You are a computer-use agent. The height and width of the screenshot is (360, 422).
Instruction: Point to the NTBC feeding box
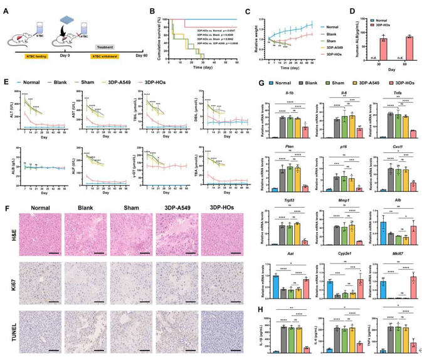click(x=27, y=56)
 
